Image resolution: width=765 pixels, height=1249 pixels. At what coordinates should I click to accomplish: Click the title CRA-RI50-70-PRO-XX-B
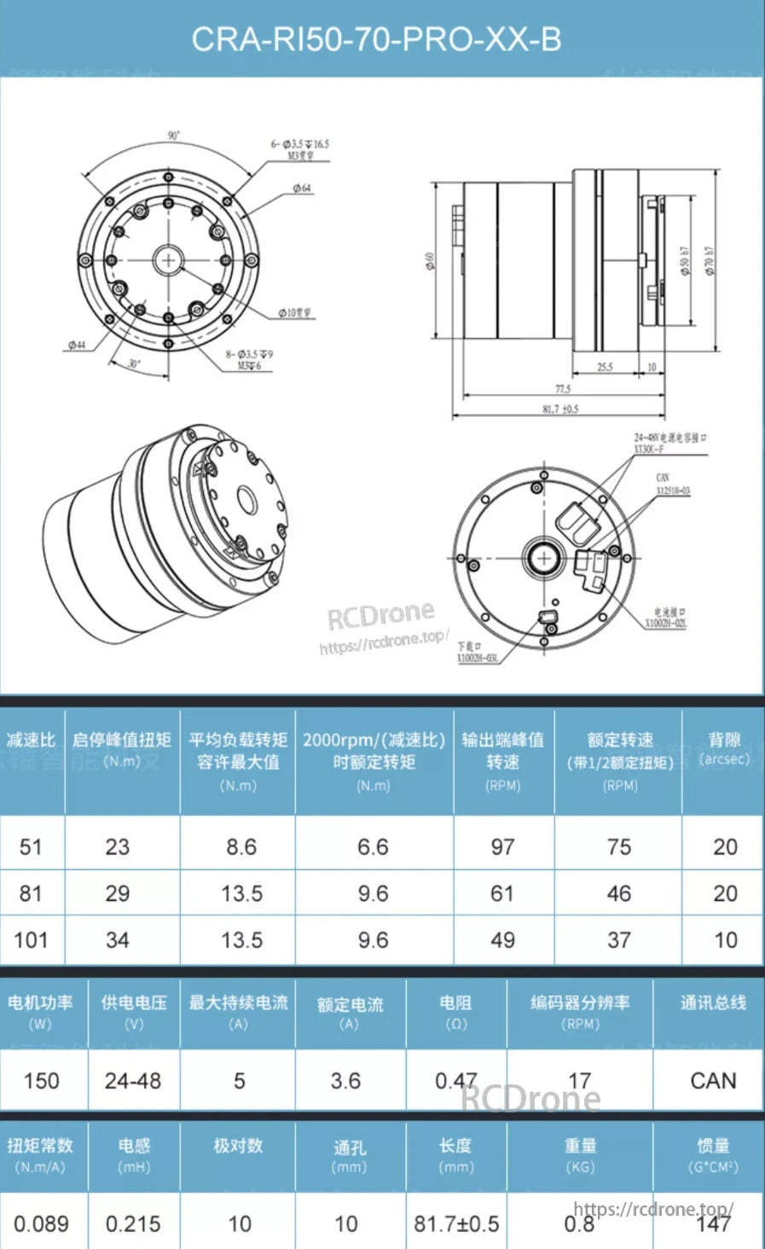point(376,39)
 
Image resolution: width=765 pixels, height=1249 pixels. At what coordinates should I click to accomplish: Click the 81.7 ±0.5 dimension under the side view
point(560,409)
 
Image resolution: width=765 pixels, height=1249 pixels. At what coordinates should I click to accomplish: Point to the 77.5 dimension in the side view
point(563,389)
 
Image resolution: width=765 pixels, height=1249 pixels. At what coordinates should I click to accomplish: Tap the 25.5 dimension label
point(605,367)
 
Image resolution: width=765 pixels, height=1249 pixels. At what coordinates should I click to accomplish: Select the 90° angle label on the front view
point(173,136)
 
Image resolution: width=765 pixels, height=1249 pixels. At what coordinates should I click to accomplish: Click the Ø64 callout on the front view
point(302,188)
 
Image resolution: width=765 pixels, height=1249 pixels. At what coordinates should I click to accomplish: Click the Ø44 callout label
point(77,345)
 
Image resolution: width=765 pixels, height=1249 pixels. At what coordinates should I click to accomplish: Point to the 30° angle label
point(134,363)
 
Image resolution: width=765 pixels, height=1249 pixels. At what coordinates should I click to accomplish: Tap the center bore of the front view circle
point(168,260)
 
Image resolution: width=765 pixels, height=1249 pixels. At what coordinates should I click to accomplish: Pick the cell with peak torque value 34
point(118,940)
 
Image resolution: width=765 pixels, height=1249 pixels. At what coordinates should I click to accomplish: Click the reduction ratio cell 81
point(31,893)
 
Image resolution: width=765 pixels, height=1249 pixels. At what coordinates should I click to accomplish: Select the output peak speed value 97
point(502,847)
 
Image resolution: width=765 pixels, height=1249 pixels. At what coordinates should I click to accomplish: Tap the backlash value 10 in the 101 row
point(725,940)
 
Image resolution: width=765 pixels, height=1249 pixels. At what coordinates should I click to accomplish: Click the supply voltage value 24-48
point(133,1081)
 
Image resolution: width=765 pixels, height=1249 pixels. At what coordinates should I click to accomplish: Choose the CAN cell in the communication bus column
point(712,1081)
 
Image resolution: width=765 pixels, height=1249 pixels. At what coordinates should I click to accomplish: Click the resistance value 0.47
point(455,1081)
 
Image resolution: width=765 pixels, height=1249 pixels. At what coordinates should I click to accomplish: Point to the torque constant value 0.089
point(41,1223)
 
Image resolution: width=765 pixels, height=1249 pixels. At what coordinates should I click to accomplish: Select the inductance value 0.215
point(133,1223)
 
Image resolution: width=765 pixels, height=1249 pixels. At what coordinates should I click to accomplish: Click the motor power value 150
point(41,1081)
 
